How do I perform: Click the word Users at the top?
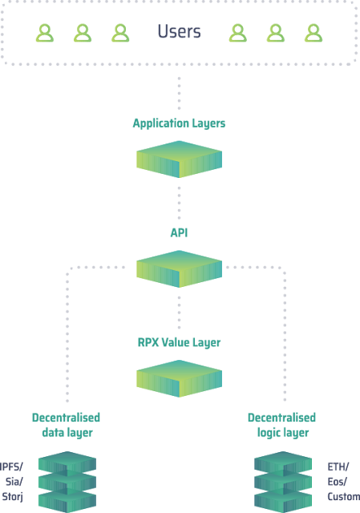pyautogui.click(x=179, y=31)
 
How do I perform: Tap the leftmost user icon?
pyautogui.click(x=45, y=33)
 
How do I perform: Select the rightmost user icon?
pyautogui.click(x=313, y=33)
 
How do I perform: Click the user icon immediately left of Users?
pyautogui.click(x=120, y=33)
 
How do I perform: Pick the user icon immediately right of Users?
pyautogui.click(x=238, y=33)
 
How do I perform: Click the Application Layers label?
pyautogui.click(x=179, y=123)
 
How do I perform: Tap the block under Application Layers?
pyautogui.click(x=179, y=160)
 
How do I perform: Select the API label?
pyautogui.click(x=179, y=232)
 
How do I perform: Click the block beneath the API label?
pyautogui.click(x=179, y=269)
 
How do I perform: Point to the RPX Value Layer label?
pyautogui.click(x=179, y=342)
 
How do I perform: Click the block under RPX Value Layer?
pyautogui.click(x=179, y=378)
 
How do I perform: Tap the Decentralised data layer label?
pyautogui.click(x=66, y=425)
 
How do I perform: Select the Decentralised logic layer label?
pyautogui.click(x=281, y=425)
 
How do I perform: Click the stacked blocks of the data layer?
pyautogui.click(x=67, y=482)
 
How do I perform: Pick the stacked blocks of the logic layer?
pyautogui.click(x=283, y=482)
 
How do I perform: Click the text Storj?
pyautogui.click(x=13, y=497)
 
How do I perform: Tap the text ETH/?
pyautogui.click(x=338, y=467)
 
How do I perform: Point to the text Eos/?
pyautogui.click(x=337, y=482)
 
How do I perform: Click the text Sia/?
pyautogui.click(x=14, y=482)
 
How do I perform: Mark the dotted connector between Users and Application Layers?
pyautogui.click(x=179, y=93)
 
